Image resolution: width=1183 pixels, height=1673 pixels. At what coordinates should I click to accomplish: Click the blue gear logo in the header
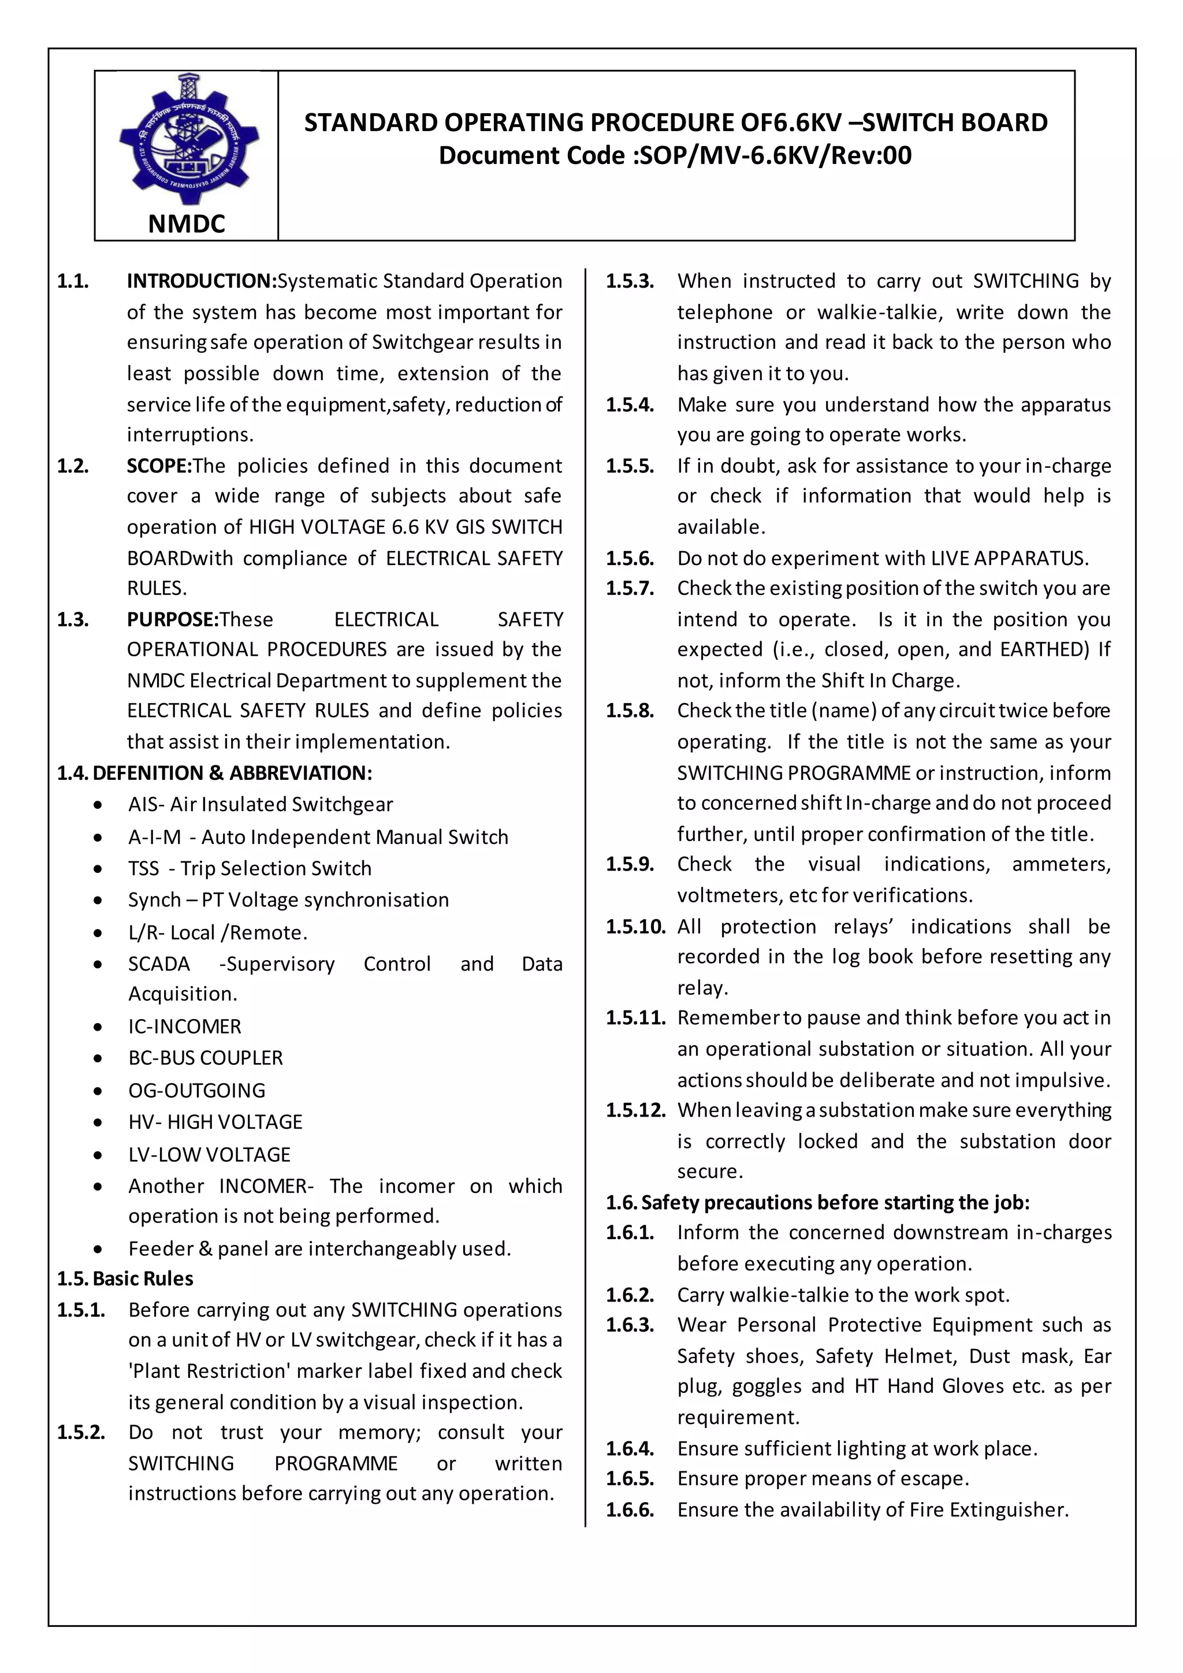click(188, 139)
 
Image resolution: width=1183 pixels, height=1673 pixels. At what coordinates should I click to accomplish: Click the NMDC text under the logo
click(187, 224)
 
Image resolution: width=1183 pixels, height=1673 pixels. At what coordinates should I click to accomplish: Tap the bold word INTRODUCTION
click(201, 281)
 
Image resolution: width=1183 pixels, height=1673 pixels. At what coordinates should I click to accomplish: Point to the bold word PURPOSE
click(173, 619)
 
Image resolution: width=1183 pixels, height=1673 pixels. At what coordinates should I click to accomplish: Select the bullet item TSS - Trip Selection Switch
click(250, 868)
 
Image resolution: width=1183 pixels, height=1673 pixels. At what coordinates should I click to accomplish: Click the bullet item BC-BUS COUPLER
click(206, 1058)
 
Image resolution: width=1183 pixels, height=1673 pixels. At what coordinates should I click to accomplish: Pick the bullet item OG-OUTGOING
click(196, 1091)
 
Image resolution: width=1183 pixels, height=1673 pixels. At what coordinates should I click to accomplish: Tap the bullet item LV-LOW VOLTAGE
click(209, 1155)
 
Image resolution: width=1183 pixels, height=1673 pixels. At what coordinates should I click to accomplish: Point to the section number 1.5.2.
click(81, 1433)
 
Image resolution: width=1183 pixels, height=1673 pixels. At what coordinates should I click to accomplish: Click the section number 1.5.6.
click(630, 559)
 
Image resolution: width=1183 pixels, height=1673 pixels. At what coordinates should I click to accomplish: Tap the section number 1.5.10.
click(635, 927)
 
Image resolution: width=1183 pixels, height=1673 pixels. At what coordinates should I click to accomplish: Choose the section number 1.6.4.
click(630, 1449)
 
